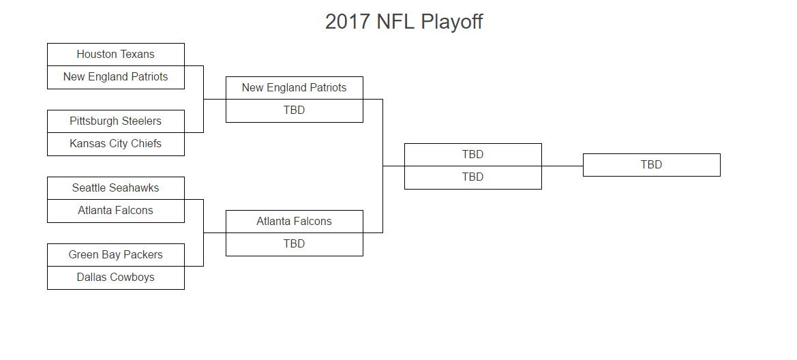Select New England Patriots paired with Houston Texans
116,77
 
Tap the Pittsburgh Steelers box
116,121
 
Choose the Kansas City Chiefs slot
116,145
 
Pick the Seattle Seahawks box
116,188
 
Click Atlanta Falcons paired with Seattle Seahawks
116,211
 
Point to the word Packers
142,255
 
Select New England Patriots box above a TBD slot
295,88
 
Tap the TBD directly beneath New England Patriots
295,111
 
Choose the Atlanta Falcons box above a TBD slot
295,222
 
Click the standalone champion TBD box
652,165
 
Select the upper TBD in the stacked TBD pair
472,155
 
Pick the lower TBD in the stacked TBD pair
472,177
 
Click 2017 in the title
348,22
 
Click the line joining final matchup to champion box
562,166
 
